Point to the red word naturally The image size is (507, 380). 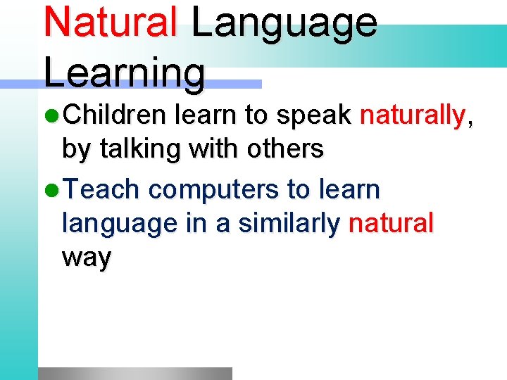point(413,115)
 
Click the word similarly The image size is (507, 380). point(289,224)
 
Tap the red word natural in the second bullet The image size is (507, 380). point(391,224)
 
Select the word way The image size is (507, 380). point(87,259)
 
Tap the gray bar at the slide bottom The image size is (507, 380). point(134,373)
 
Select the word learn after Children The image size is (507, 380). point(204,115)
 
